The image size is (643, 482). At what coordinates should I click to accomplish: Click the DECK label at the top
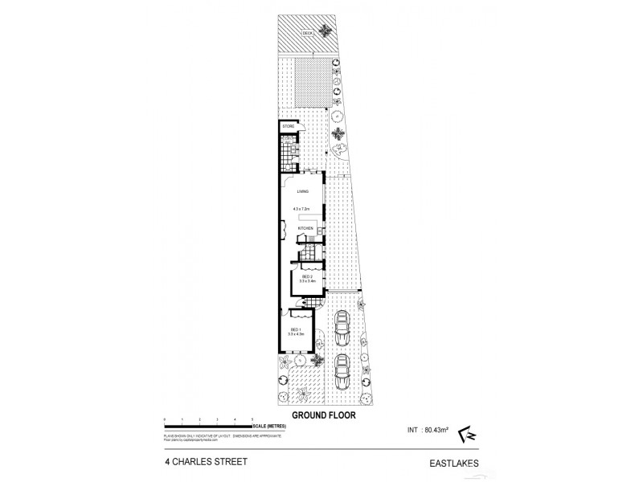[307, 33]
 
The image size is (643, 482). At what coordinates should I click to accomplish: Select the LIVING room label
[302, 192]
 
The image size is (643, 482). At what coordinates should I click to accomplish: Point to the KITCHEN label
[305, 230]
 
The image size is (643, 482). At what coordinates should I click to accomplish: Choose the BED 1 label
[295, 330]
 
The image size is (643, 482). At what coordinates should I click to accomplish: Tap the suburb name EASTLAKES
[455, 464]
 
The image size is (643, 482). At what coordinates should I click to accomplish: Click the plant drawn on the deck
[326, 31]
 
